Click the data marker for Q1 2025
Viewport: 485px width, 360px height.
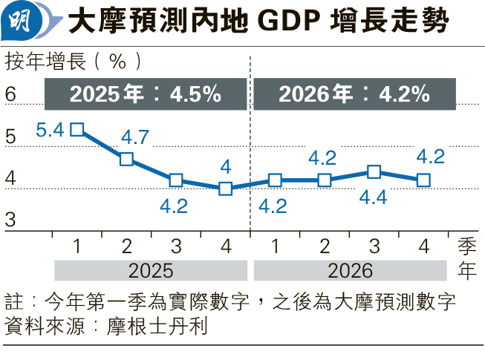[77, 130]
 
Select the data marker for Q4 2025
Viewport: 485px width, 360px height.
[225, 189]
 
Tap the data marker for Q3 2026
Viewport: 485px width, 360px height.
[374, 172]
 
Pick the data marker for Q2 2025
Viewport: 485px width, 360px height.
[126, 159]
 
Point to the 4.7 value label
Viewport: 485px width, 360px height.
[134, 137]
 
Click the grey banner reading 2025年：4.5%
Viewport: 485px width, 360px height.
[146, 94]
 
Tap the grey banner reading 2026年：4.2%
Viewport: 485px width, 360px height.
[354, 94]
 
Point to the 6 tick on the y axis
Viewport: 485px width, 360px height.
[10, 94]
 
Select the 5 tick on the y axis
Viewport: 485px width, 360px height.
[10, 137]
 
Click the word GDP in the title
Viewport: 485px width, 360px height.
[282, 22]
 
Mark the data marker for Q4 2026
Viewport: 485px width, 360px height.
[423, 180]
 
